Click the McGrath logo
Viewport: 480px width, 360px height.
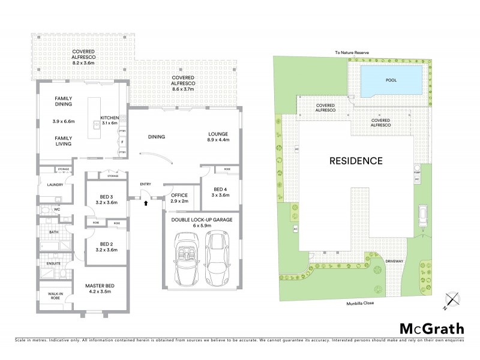431,328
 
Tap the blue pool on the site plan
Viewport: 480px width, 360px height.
391,80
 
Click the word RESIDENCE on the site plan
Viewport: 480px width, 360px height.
355,161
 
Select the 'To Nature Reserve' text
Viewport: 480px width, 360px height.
353,53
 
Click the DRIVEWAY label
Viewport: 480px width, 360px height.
395,262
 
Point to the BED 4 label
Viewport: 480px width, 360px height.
220,191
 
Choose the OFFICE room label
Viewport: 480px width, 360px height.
179,195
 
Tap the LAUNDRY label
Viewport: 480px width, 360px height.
55,185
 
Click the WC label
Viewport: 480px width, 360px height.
56,209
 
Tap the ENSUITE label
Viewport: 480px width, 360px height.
53,263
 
